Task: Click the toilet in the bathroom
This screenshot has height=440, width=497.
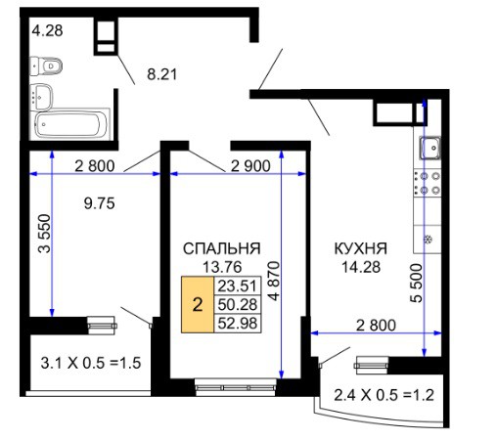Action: pos(46,66)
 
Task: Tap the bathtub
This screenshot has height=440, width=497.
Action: pos(70,124)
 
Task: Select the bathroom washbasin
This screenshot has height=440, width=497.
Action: pos(41,97)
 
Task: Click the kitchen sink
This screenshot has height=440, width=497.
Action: pos(429,148)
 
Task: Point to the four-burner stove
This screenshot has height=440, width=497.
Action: pos(428,183)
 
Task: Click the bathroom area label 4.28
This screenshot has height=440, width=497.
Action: pos(48,30)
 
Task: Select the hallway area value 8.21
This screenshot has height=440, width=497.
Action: pos(162,74)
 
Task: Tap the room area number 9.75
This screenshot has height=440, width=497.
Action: pos(100,203)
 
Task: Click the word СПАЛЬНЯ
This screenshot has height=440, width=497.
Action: pos(222,248)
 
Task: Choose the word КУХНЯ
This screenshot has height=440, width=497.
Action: pos(361,248)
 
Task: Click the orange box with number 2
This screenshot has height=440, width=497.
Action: pos(198,305)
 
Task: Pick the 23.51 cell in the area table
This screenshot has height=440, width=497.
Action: pos(238,286)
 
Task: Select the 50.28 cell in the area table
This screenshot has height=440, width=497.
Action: pos(238,304)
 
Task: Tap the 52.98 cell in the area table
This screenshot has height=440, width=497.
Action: pos(238,324)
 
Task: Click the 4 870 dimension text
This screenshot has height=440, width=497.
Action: pos(274,281)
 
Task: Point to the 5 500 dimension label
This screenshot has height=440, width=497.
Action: pos(416,283)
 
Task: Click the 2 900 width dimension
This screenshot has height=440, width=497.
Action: pos(250,166)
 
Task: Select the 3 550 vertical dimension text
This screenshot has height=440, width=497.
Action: pos(45,234)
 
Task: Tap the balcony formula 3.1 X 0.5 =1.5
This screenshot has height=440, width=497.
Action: pos(91,363)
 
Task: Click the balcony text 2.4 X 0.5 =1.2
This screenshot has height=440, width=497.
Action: pos(384,395)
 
